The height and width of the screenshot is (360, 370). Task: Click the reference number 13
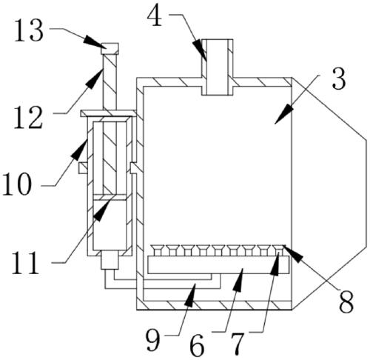pos(29,30)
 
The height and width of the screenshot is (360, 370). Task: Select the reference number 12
pos(28,118)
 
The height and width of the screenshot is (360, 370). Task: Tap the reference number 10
pos(17,184)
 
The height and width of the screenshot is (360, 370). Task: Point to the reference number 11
pos(26,262)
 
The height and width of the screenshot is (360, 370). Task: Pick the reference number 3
pos(339,79)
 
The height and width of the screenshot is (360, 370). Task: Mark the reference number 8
pos(346,302)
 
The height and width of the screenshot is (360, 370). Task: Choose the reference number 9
pos(153,340)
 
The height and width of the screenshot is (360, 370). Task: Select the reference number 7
pos(238,344)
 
